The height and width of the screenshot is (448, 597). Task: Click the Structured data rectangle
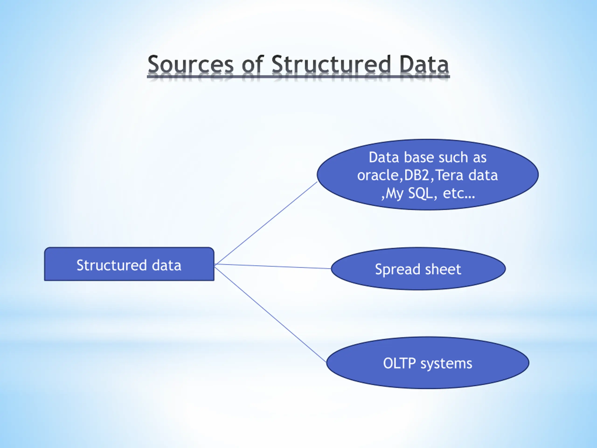tap(129, 264)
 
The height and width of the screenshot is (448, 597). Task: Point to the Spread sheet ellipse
tap(418, 269)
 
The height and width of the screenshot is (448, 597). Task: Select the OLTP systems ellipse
tap(427, 363)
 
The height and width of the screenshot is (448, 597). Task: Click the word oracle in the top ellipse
tap(378, 175)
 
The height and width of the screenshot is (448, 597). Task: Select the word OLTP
tap(399, 363)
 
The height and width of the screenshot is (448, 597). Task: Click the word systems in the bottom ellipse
tap(446, 364)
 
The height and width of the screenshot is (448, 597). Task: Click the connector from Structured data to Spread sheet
tap(273, 266)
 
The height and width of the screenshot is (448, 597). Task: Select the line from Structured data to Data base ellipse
tap(266, 223)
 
